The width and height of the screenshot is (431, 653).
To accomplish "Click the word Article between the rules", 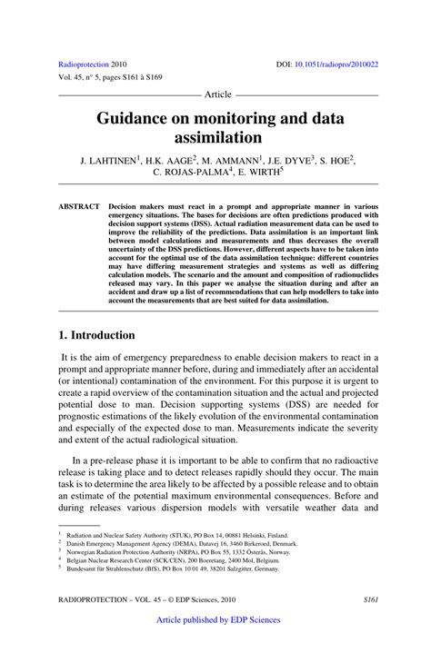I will [x=218, y=94].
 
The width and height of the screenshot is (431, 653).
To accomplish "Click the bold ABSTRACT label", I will [x=79, y=206].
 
